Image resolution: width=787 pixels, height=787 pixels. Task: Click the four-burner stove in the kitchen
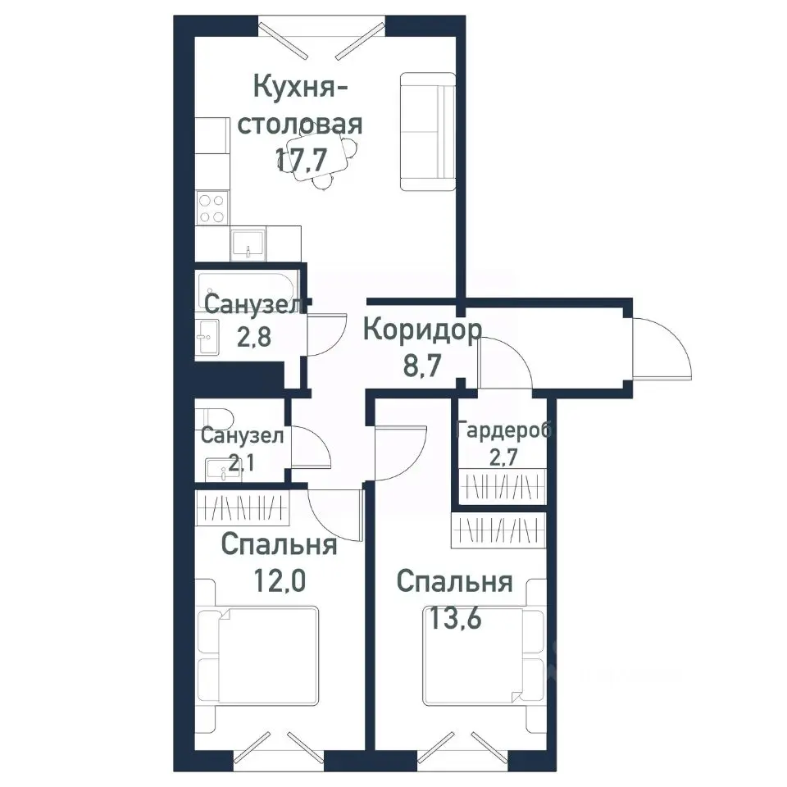pyautogui.click(x=212, y=207)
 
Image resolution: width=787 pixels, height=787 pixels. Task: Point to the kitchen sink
pyautogui.click(x=247, y=243)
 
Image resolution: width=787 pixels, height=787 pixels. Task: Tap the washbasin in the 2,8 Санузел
pyautogui.click(x=207, y=336)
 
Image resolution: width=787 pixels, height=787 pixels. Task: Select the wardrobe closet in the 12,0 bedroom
pyautogui.click(x=243, y=510)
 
